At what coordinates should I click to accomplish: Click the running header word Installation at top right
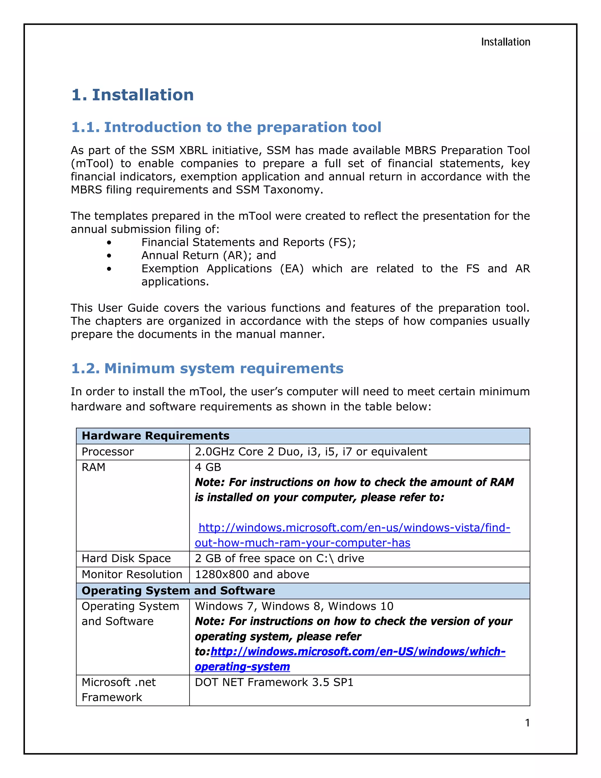click(x=505, y=42)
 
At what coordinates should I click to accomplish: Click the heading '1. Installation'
click(x=132, y=95)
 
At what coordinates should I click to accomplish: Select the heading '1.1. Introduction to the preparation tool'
click(x=226, y=127)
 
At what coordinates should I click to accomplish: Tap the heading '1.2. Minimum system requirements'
click(x=207, y=368)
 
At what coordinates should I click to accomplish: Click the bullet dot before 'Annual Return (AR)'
click(x=109, y=256)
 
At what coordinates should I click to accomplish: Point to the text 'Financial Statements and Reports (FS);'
click(x=249, y=242)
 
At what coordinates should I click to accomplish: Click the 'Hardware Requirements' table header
click(x=156, y=436)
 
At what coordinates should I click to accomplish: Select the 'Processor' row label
click(x=107, y=452)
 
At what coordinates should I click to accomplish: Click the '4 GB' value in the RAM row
click(x=208, y=467)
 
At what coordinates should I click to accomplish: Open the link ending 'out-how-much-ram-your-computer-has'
click(x=302, y=543)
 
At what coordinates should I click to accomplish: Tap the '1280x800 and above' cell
click(x=252, y=574)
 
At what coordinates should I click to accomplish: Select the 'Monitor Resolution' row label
click(x=132, y=574)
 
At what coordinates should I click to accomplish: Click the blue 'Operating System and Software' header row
click(x=178, y=591)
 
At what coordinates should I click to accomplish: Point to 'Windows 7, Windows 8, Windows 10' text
click(x=294, y=606)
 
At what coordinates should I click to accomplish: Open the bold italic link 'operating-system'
click(x=242, y=666)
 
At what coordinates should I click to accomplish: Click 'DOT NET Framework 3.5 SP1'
click(x=274, y=682)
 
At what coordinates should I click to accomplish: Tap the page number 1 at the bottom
click(x=527, y=723)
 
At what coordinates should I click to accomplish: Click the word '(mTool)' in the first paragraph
click(x=92, y=164)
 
